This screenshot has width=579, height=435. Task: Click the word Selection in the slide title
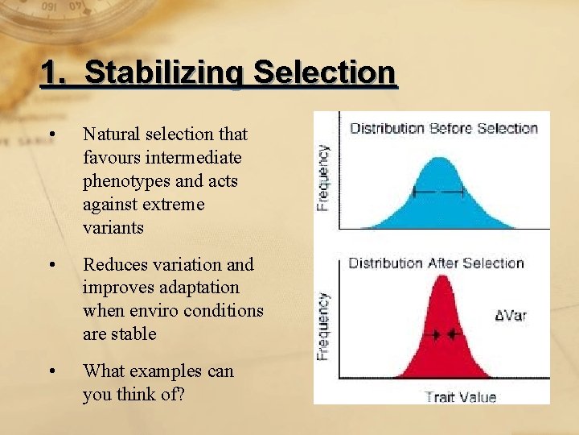(x=324, y=73)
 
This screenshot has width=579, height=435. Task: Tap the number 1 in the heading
(x=51, y=73)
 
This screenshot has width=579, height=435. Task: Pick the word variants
(x=113, y=228)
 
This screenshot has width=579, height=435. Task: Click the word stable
(x=135, y=333)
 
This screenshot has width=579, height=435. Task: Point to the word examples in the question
(x=171, y=371)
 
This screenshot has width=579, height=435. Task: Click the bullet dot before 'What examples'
(x=52, y=371)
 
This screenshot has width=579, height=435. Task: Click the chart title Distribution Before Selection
(x=443, y=128)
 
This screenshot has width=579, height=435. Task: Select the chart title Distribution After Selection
(x=436, y=263)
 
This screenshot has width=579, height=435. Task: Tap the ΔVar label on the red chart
(x=511, y=315)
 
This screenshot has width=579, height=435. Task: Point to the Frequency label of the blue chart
(x=322, y=177)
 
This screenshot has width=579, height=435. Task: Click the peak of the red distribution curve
(x=441, y=278)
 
